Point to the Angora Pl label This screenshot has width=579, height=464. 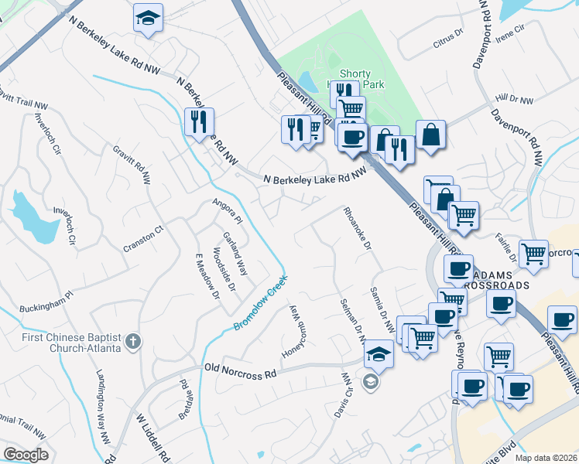tap(228, 211)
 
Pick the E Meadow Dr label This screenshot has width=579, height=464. tap(207, 274)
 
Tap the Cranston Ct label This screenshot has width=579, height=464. tap(144, 239)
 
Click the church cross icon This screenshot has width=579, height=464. tap(133, 341)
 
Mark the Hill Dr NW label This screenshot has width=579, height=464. tap(514, 100)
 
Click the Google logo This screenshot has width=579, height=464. tap(26, 454)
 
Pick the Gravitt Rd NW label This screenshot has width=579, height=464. tap(131, 164)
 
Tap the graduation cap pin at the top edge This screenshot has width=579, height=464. tap(147, 19)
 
